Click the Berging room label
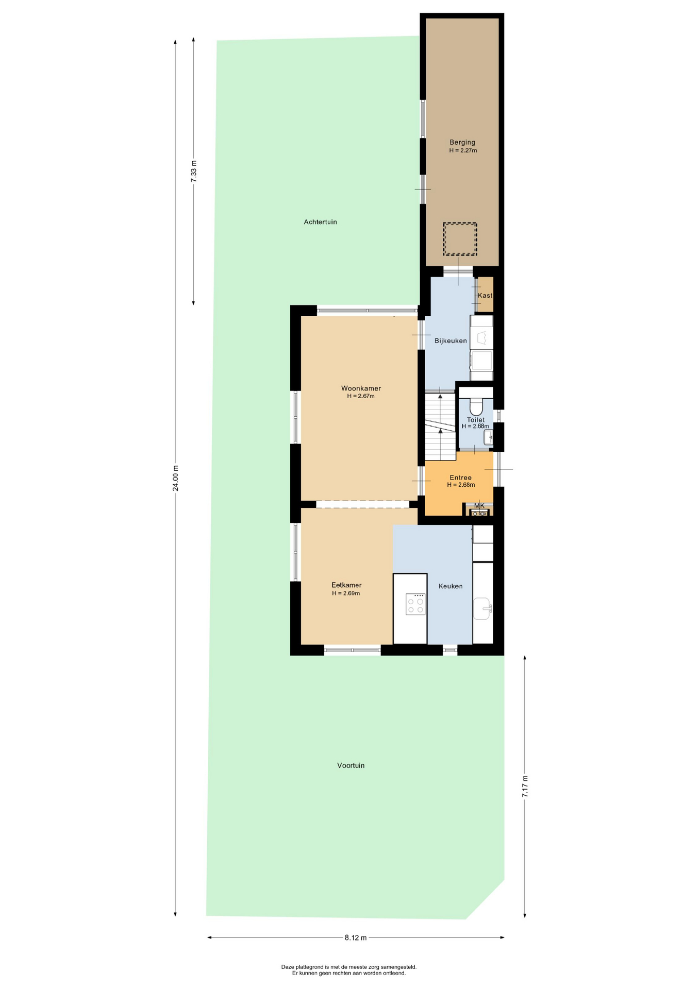(462, 142)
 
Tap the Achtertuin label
(320, 222)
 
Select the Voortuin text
(351, 765)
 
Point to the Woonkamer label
(361, 388)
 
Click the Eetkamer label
(346, 585)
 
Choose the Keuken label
(450, 586)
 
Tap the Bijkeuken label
(450, 341)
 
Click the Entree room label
(460, 478)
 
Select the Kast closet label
(485, 296)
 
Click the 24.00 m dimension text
(175, 478)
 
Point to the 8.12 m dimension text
(356, 937)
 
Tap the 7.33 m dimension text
(194, 172)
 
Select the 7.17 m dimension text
(525, 787)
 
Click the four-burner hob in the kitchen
(415, 604)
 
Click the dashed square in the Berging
(460, 239)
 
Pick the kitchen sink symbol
(482, 609)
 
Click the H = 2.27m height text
(463, 151)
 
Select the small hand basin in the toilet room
(488, 437)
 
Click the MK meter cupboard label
(479, 506)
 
